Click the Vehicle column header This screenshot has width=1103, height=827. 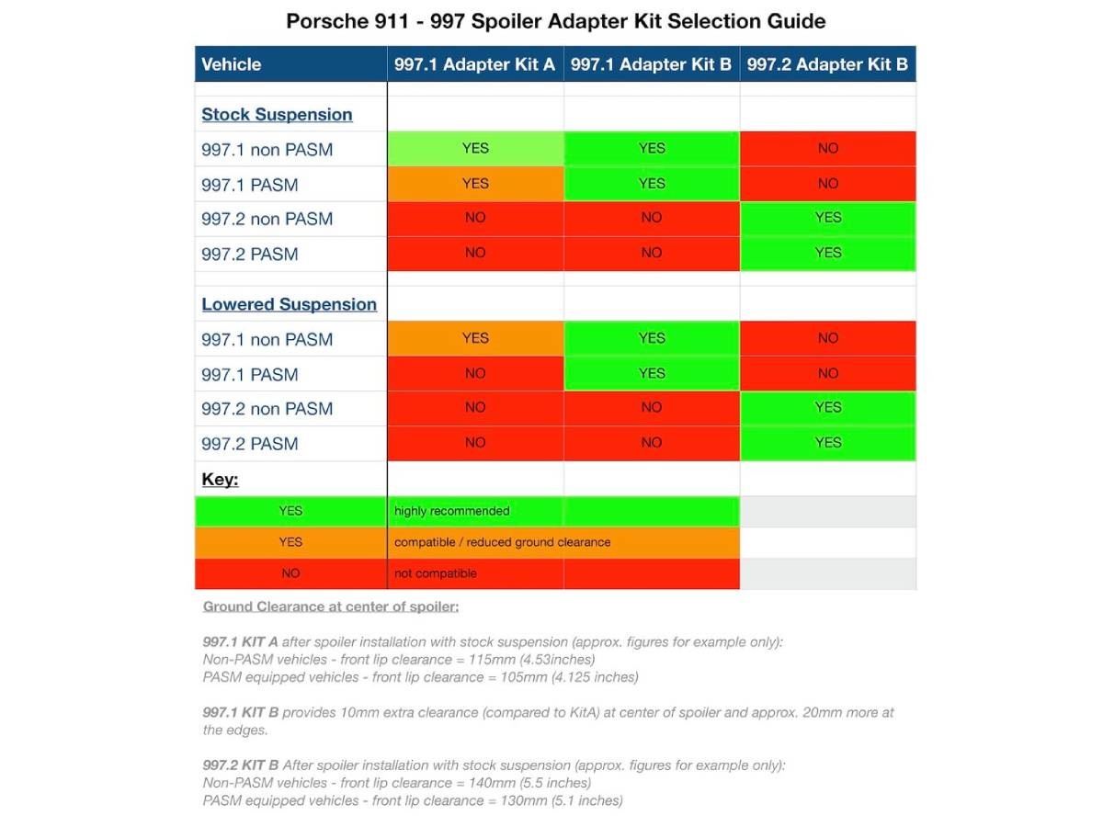tap(232, 64)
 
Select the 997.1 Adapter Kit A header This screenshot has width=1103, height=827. tap(474, 64)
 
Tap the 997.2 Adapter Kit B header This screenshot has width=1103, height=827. tap(827, 64)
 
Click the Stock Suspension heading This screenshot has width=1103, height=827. tap(277, 115)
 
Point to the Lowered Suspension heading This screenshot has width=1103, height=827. tap(289, 304)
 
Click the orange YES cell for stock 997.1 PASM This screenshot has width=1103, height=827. tap(475, 184)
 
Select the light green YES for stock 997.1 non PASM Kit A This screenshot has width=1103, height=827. tap(475, 148)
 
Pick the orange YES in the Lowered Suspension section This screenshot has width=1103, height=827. tap(475, 338)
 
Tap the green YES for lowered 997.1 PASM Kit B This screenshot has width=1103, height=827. tap(652, 373)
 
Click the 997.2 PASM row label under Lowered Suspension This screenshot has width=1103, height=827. tap(250, 444)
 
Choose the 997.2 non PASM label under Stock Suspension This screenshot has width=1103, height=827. tap(267, 219)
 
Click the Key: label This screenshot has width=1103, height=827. tap(220, 480)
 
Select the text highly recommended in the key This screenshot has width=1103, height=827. tap(451, 511)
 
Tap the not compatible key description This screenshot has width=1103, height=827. tap(435, 573)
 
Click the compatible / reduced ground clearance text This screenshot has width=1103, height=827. tap(502, 542)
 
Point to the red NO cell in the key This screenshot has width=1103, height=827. tap(290, 573)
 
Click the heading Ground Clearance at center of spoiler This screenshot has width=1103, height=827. tap(331, 606)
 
